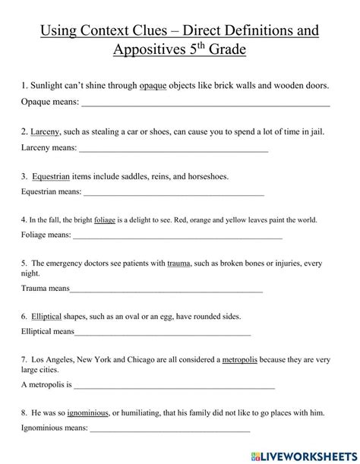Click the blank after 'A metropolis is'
point(174,387)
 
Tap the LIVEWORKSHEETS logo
point(308,453)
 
